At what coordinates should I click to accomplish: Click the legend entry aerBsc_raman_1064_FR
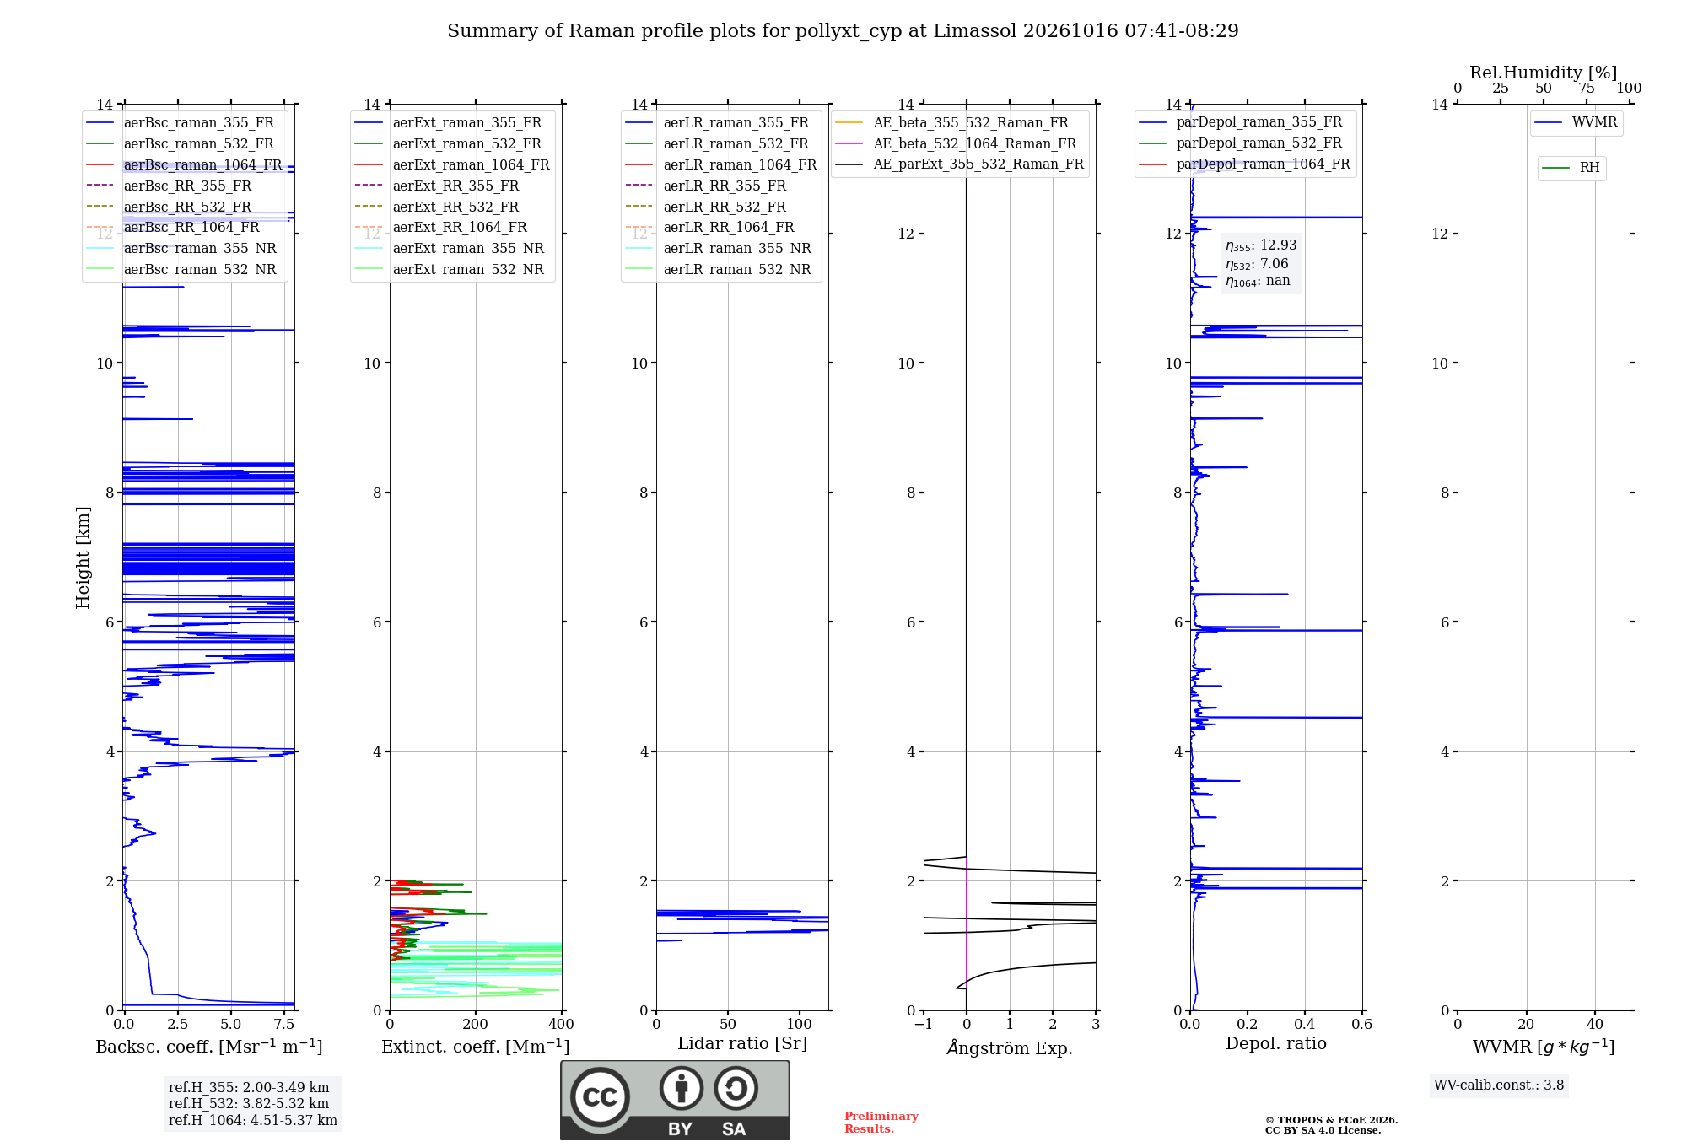[202, 164]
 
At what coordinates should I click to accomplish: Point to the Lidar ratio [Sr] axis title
[742, 1043]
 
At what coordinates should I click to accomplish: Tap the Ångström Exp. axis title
[1010, 1047]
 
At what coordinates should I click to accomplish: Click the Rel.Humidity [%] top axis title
[1543, 73]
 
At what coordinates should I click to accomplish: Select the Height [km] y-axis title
[83, 557]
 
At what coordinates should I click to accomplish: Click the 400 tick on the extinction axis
[561, 1024]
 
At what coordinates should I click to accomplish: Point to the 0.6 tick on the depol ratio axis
[1361, 1024]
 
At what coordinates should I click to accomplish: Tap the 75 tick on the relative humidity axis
[1587, 89]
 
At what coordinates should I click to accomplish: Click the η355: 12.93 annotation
[1261, 245]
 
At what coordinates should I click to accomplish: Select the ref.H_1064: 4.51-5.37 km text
[253, 1120]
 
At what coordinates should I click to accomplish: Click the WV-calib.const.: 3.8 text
[1499, 1085]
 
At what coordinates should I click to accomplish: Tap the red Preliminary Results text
[881, 1123]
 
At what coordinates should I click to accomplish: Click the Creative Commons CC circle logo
[600, 1097]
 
